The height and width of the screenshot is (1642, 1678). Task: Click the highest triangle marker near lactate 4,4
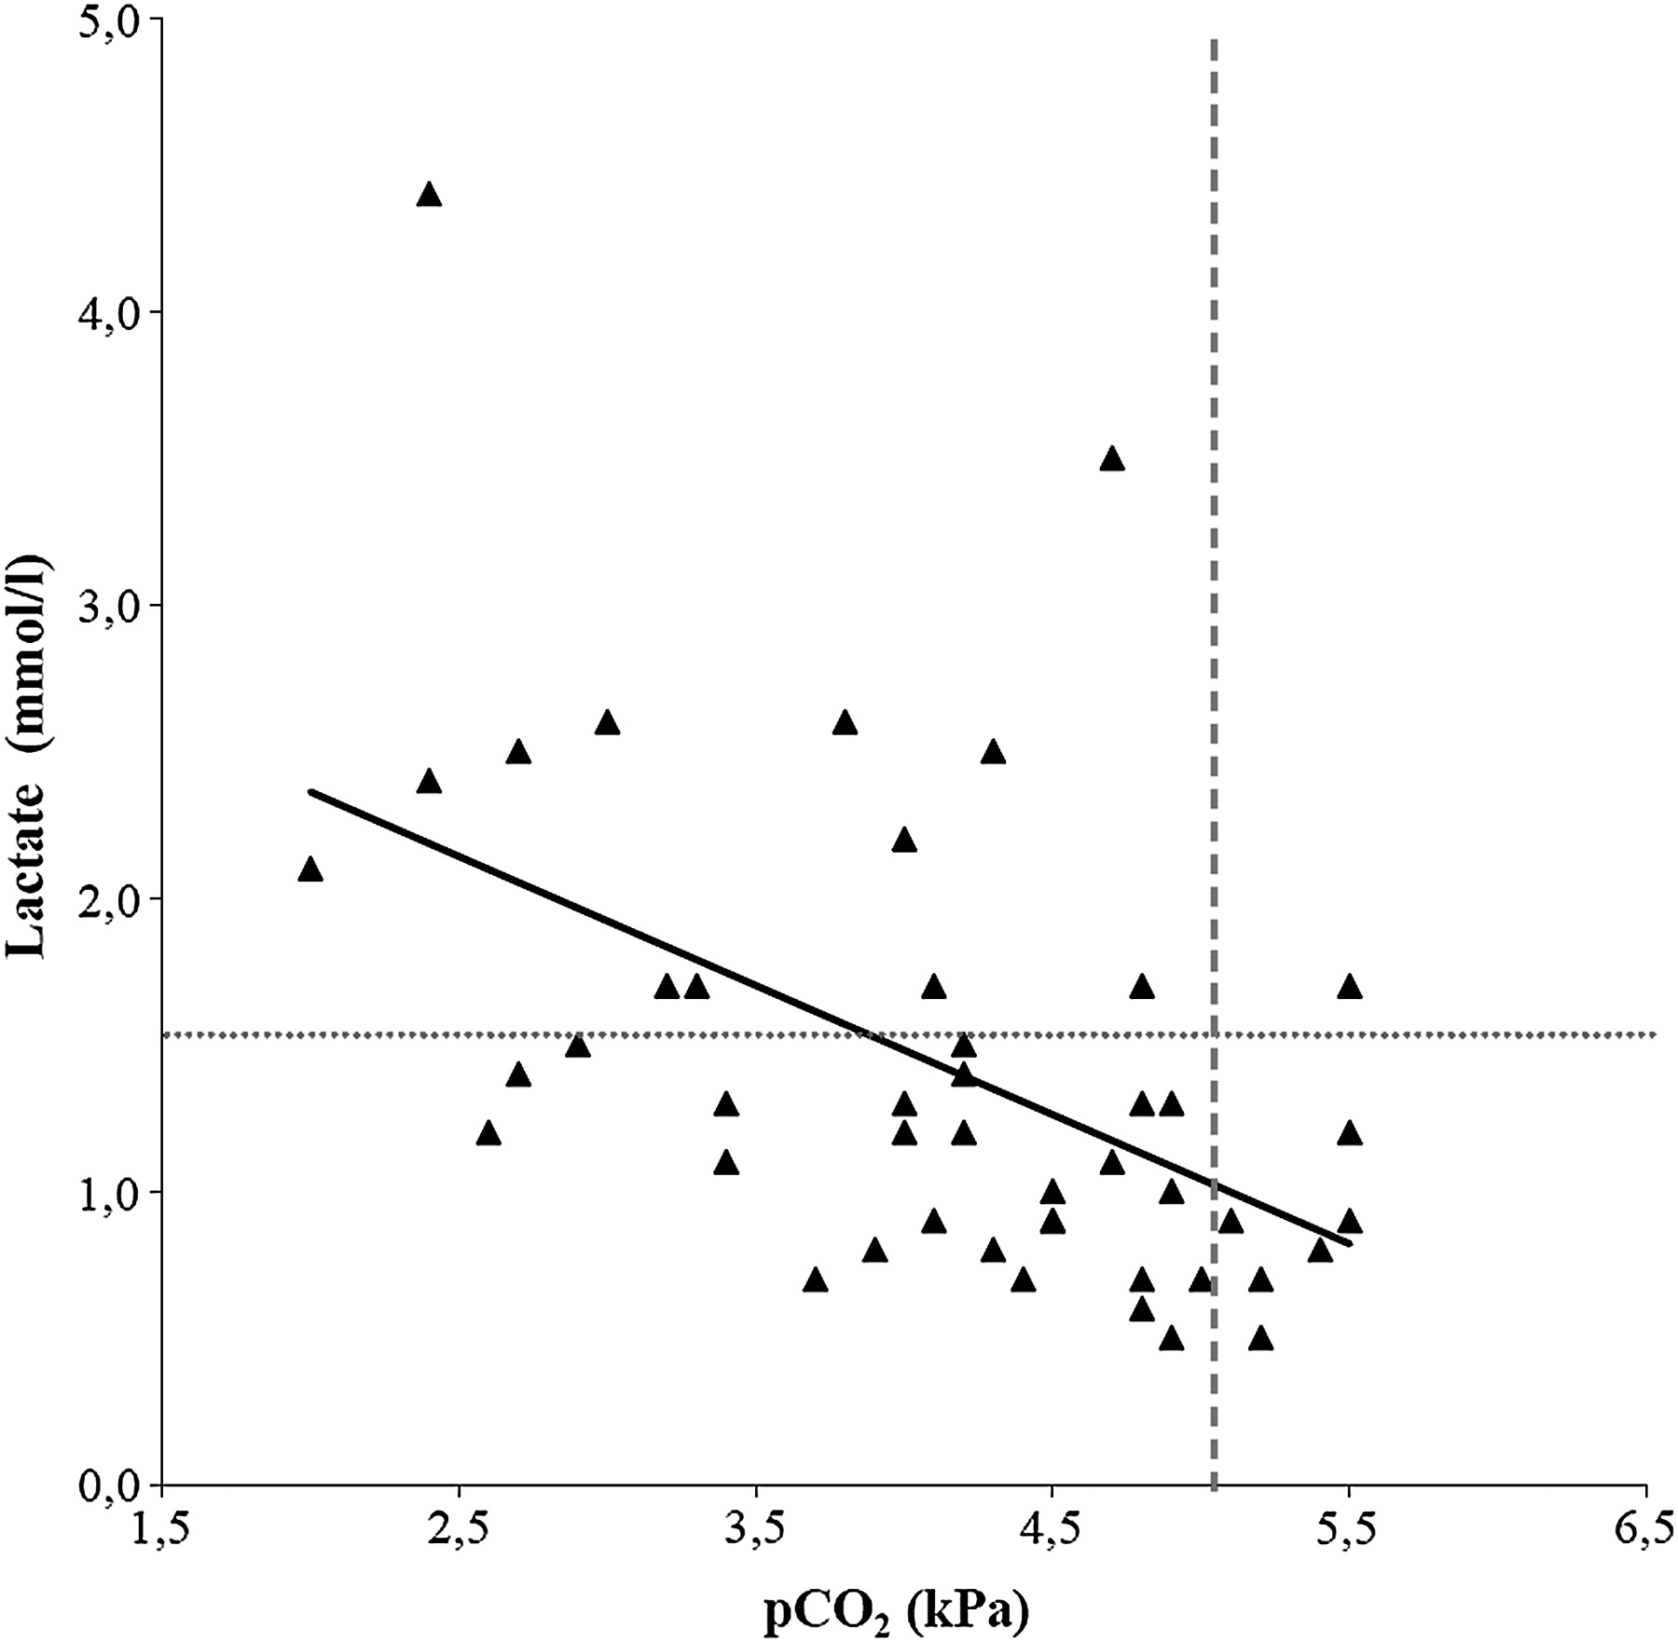tap(429, 195)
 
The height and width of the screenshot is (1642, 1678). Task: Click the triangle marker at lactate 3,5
tap(1111, 458)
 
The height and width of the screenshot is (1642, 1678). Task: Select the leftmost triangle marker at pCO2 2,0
tap(310, 869)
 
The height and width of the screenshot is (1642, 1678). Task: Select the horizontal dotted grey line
tap(653, 1034)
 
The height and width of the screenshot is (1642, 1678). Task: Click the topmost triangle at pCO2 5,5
tap(1349, 987)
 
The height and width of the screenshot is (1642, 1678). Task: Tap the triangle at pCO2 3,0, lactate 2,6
tap(607, 722)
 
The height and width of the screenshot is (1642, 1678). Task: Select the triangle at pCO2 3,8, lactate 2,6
tap(845, 722)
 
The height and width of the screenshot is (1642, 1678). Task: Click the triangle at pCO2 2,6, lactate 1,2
tap(488, 1133)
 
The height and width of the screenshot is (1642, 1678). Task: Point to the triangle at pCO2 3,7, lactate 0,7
tap(815, 1279)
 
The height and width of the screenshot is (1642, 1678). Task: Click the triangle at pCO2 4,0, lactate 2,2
tap(903, 840)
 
